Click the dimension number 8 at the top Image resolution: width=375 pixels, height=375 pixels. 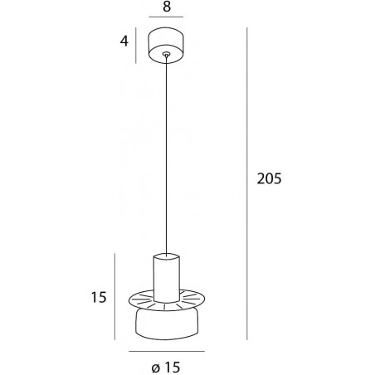(167, 7)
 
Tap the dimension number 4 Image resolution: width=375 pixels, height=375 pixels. (124, 41)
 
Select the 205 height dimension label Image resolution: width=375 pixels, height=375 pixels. (269, 178)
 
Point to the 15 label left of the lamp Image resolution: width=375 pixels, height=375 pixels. (99, 298)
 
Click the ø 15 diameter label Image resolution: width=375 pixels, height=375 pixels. (166, 368)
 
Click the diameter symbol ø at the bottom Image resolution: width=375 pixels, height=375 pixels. (156, 368)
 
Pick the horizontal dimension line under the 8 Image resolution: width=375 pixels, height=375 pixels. (166, 17)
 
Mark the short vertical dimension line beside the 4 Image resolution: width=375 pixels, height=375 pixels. (136, 46)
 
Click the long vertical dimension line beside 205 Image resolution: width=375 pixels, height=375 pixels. (246, 183)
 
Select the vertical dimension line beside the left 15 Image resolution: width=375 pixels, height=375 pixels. (114, 296)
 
